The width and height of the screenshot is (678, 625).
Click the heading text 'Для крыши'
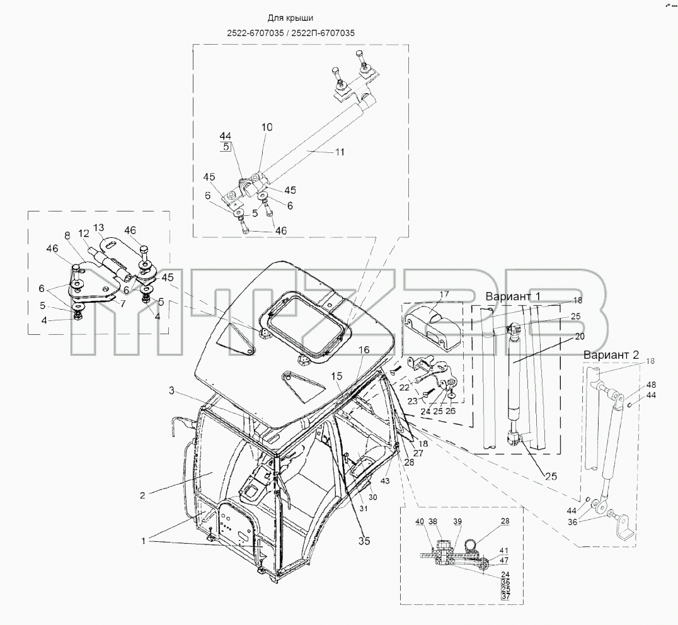[290, 18]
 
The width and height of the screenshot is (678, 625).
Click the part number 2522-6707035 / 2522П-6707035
[290, 33]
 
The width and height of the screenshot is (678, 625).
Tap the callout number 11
[340, 152]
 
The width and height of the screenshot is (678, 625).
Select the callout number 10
[267, 127]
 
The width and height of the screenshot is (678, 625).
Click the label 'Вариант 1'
[513, 296]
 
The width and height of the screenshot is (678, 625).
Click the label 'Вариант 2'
[611, 354]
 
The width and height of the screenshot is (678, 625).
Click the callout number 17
[444, 294]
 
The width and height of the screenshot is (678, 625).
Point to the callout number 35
[364, 541]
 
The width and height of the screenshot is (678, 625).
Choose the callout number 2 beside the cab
[142, 495]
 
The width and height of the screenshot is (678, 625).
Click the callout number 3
[171, 390]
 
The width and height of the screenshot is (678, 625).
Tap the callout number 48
[651, 385]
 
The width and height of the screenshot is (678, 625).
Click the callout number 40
[420, 521]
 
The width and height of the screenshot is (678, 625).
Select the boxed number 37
[505, 597]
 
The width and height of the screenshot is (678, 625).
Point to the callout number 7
[123, 304]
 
